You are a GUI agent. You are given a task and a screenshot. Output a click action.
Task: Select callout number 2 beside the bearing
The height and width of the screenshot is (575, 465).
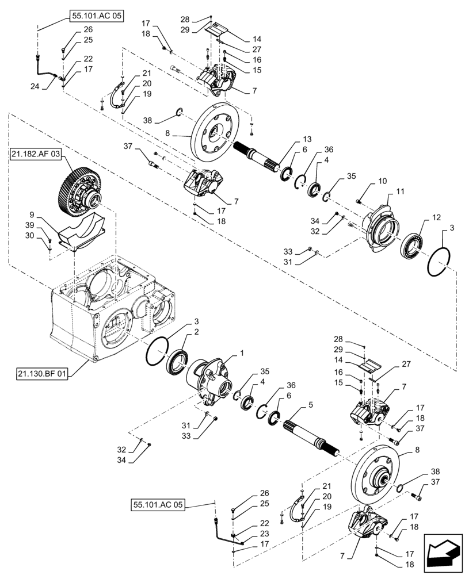tap(196, 332)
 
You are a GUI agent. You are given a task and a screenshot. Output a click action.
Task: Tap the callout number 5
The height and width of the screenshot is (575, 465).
tap(310, 405)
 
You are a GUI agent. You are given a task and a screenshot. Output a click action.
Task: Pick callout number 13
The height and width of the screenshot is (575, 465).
tap(307, 140)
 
